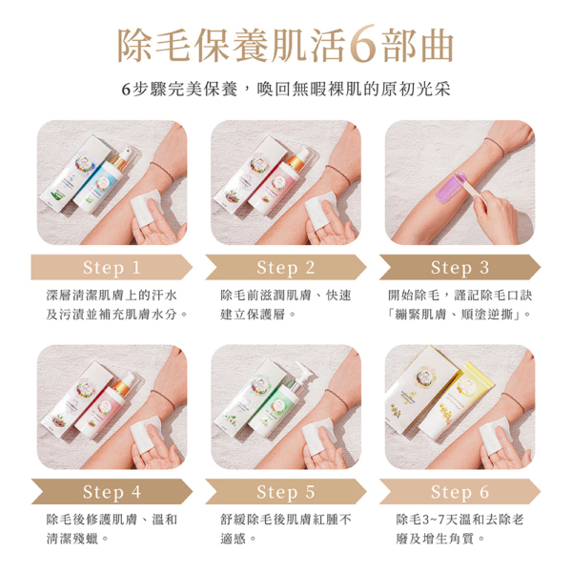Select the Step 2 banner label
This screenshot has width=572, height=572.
[x=286, y=267]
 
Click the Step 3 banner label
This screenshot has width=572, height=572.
[x=460, y=267]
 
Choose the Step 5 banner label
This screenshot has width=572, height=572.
[x=286, y=492]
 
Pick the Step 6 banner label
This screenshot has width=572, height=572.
[x=460, y=492]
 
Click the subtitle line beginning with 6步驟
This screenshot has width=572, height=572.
[x=285, y=89]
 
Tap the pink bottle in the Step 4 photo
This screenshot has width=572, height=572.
[x=105, y=400]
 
